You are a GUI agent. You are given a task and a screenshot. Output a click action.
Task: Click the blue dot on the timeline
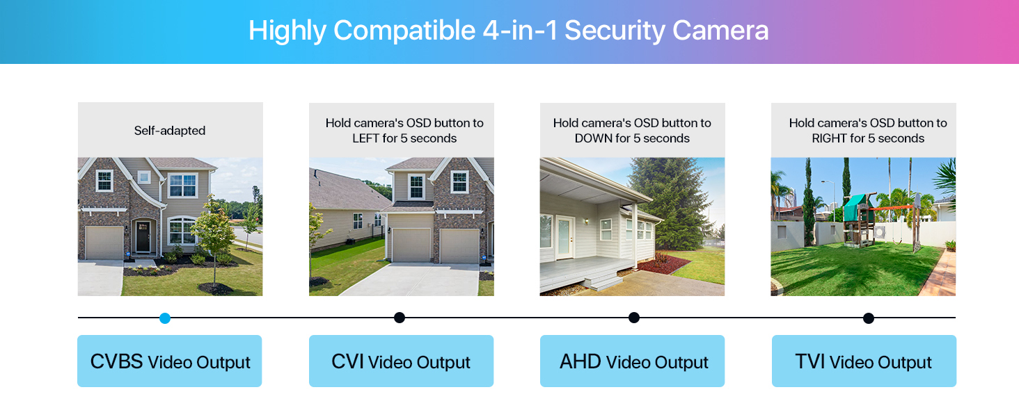click(x=164, y=318)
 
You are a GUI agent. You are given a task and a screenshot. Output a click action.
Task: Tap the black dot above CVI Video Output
click(x=400, y=318)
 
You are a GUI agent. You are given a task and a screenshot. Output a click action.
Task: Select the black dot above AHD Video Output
click(x=634, y=318)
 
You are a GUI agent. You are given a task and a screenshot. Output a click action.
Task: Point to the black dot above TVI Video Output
click(x=869, y=318)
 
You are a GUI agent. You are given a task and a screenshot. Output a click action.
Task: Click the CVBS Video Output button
click(x=169, y=361)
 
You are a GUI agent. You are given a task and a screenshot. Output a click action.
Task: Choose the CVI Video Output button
click(x=401, y=361)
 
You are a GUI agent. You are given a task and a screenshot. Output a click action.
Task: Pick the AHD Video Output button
click(x=632, y=361)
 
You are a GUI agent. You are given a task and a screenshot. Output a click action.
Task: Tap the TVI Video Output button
click(x=864, y=361)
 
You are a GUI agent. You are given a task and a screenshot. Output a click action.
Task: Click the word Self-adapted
click(x=170, y=131)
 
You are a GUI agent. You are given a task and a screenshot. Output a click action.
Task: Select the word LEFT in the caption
click(x=365, y=138)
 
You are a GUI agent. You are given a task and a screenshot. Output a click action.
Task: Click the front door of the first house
click(x=143, y=237)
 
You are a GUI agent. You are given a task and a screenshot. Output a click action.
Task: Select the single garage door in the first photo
click(x=104, y=243)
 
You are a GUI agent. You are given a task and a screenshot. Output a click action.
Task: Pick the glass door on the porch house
click(x=564, y=237)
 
